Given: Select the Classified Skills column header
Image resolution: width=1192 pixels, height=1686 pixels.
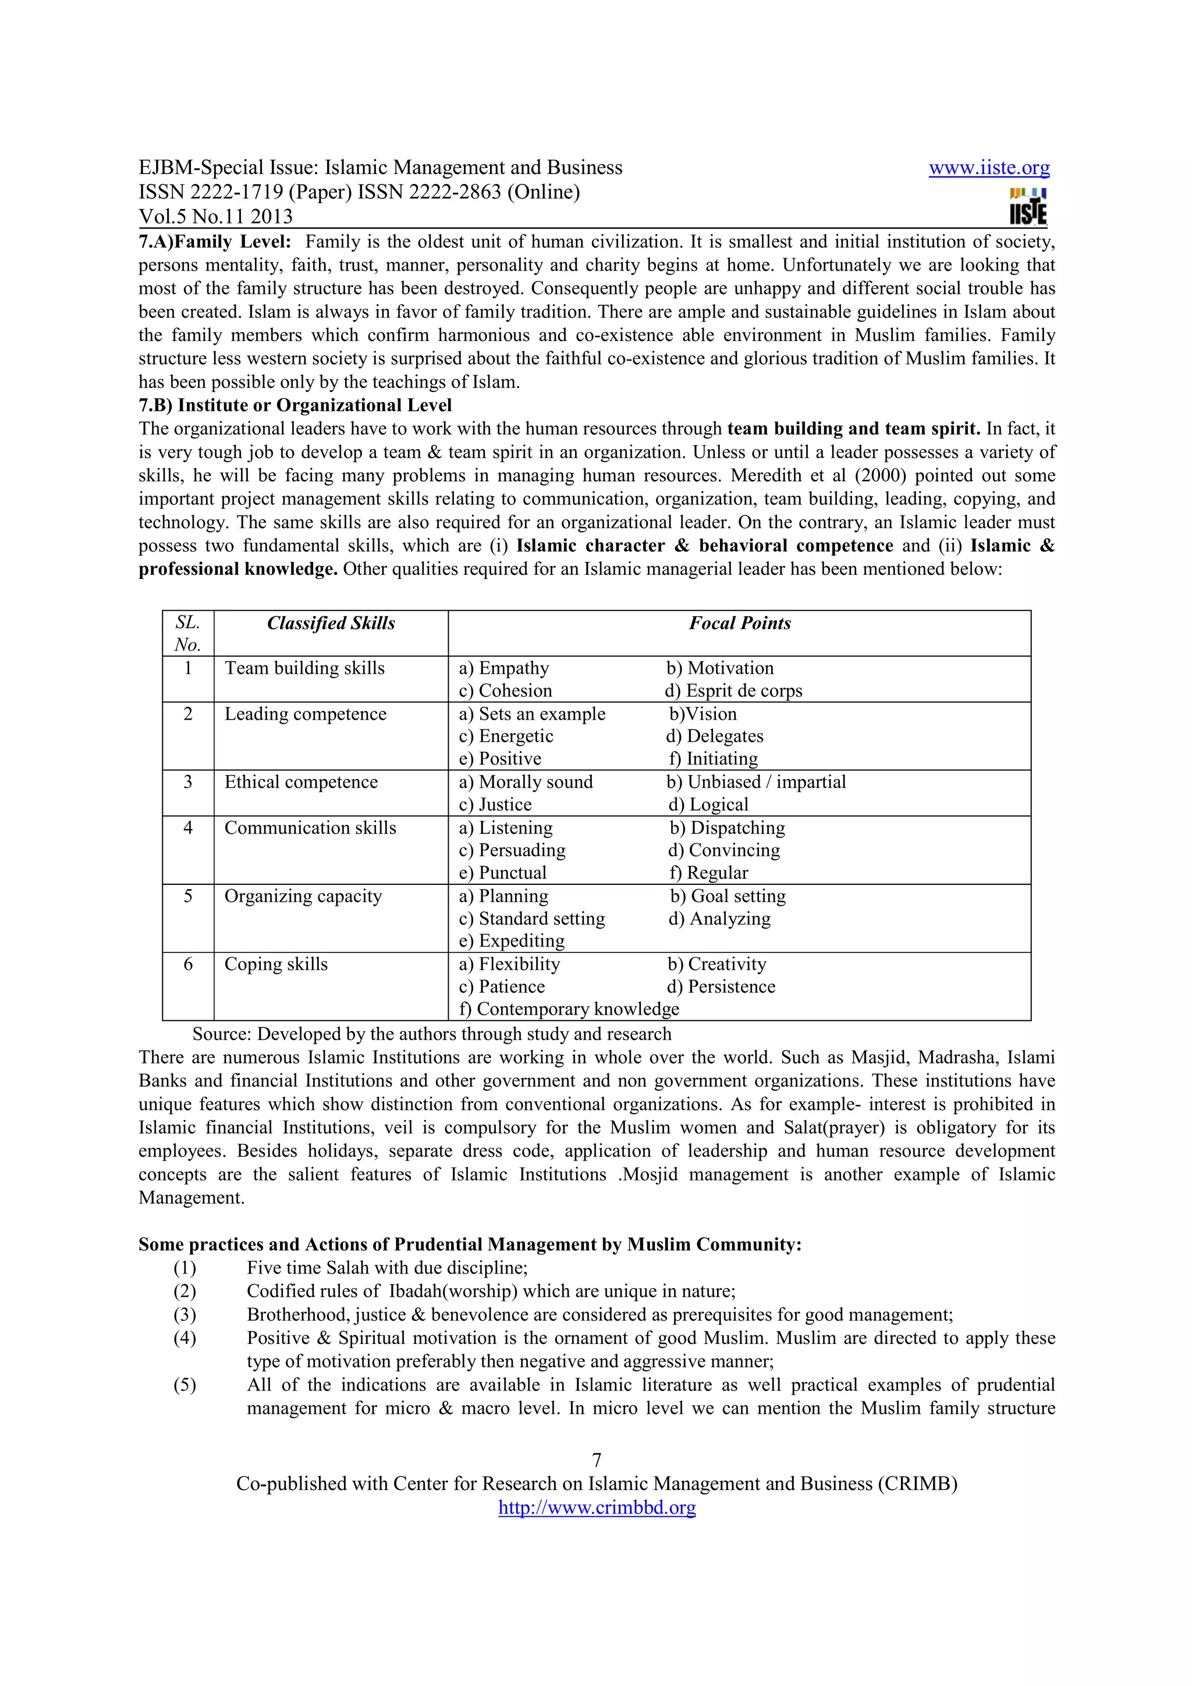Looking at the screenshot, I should (x=331, y=624).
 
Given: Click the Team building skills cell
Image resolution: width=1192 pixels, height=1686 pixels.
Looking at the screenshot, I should (x=304, y=668).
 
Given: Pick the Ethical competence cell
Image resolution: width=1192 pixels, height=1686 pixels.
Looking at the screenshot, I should (x=301, y=782).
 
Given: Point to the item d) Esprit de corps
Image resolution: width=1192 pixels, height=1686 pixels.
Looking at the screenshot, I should (x=733, y=691).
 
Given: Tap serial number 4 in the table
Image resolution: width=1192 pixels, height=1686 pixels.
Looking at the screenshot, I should (x=188, y=827).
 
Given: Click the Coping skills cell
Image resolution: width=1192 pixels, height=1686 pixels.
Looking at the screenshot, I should (x=275, y=964).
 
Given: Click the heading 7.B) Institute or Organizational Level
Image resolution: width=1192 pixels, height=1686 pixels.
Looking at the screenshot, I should (x=295, y=406).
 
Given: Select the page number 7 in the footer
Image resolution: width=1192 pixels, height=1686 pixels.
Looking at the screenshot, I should (x=597, y=1460).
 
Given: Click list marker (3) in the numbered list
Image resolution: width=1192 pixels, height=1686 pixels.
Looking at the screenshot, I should (x=185, y=1314).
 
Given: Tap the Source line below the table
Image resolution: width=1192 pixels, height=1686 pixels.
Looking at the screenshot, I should (x=431, y=1034).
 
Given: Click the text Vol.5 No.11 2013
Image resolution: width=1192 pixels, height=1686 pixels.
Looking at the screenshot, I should (x=215, y=216).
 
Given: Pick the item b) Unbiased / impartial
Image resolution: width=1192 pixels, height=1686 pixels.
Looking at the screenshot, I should (x=755, y=782).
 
